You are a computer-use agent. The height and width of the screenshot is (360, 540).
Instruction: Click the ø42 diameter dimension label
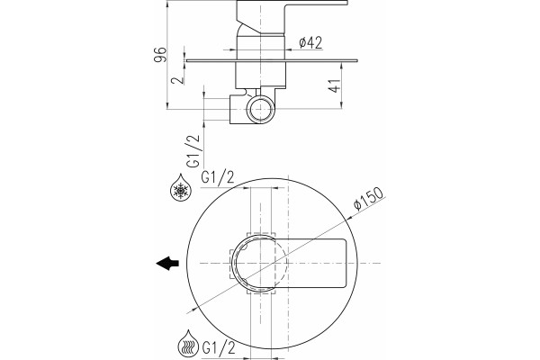(x=310, y=43)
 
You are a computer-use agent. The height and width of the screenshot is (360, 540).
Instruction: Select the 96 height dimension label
(x=160, y=54)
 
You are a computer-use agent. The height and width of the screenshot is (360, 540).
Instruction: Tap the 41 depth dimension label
(x=335, y=85)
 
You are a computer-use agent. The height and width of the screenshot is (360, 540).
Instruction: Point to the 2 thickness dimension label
(x=177, y=80)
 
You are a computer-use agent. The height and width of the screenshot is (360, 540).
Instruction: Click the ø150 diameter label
(x=368, y=199)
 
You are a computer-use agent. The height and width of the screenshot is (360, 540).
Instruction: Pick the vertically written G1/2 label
(x=193, y=151)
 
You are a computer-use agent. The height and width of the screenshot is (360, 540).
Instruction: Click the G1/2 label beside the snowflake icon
(x=218, y=178)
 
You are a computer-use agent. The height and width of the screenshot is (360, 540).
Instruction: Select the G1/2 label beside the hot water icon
(x=219, y=347)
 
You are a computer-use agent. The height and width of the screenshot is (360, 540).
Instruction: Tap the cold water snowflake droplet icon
(x=181, y=187)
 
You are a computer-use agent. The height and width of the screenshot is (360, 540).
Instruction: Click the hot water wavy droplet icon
(x=188, y=344)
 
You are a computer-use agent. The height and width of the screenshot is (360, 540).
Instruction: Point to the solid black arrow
(x=167, y=264)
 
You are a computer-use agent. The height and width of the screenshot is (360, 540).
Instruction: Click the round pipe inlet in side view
(x=261, y=110)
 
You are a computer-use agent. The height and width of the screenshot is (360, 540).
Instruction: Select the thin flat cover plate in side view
(x=272, y=60)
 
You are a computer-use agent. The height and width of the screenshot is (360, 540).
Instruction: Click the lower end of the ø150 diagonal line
(x=187, y=313)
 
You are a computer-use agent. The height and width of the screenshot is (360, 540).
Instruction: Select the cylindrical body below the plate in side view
(x=261, y=74)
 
